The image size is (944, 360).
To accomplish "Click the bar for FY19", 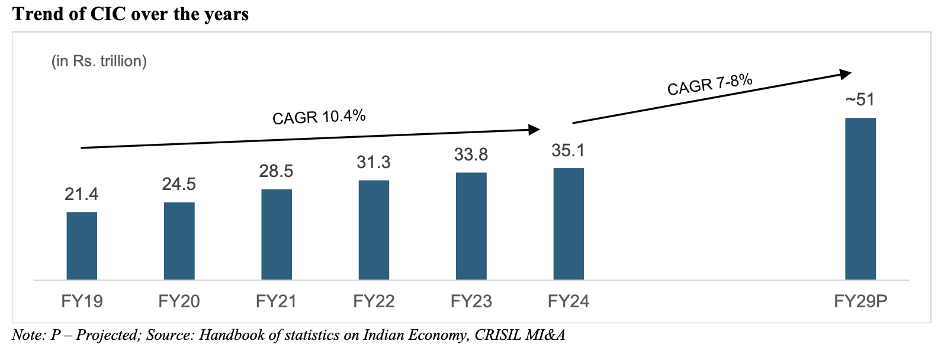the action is [x=82, y=246].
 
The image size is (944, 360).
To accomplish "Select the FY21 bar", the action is [x=277, y=234].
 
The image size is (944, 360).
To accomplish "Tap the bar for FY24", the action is [x=569, y=224].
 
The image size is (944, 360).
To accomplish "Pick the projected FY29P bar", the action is [x=860, y=199].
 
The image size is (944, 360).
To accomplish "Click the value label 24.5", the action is [x=179, y=184].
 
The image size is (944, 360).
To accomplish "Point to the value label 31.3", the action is [x=374, y=162].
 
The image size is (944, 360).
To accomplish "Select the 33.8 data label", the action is [x=471, y=155].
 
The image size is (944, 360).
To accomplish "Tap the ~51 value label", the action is [x=860, y=99].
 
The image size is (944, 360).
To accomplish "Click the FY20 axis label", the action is [x=179, y=301].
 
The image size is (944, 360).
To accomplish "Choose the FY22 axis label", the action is [x=374, y=301].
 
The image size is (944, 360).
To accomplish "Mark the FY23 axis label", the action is [x=471, y=301].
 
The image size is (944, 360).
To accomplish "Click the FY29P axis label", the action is [x=860, y=301].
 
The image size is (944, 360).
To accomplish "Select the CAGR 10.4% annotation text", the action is [x=319, y=117].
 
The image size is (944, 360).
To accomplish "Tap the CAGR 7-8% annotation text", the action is [x=710, y=84].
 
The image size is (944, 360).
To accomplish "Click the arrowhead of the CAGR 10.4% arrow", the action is [x=534, y=130].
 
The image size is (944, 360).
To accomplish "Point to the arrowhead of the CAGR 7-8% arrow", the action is [x=846, y=74].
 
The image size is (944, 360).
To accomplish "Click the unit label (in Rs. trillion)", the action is [x=99, y=62].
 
